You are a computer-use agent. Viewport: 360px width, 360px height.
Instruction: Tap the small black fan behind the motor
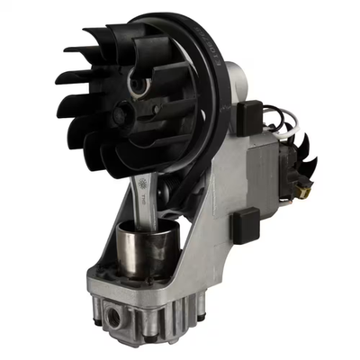click(301, 162)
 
